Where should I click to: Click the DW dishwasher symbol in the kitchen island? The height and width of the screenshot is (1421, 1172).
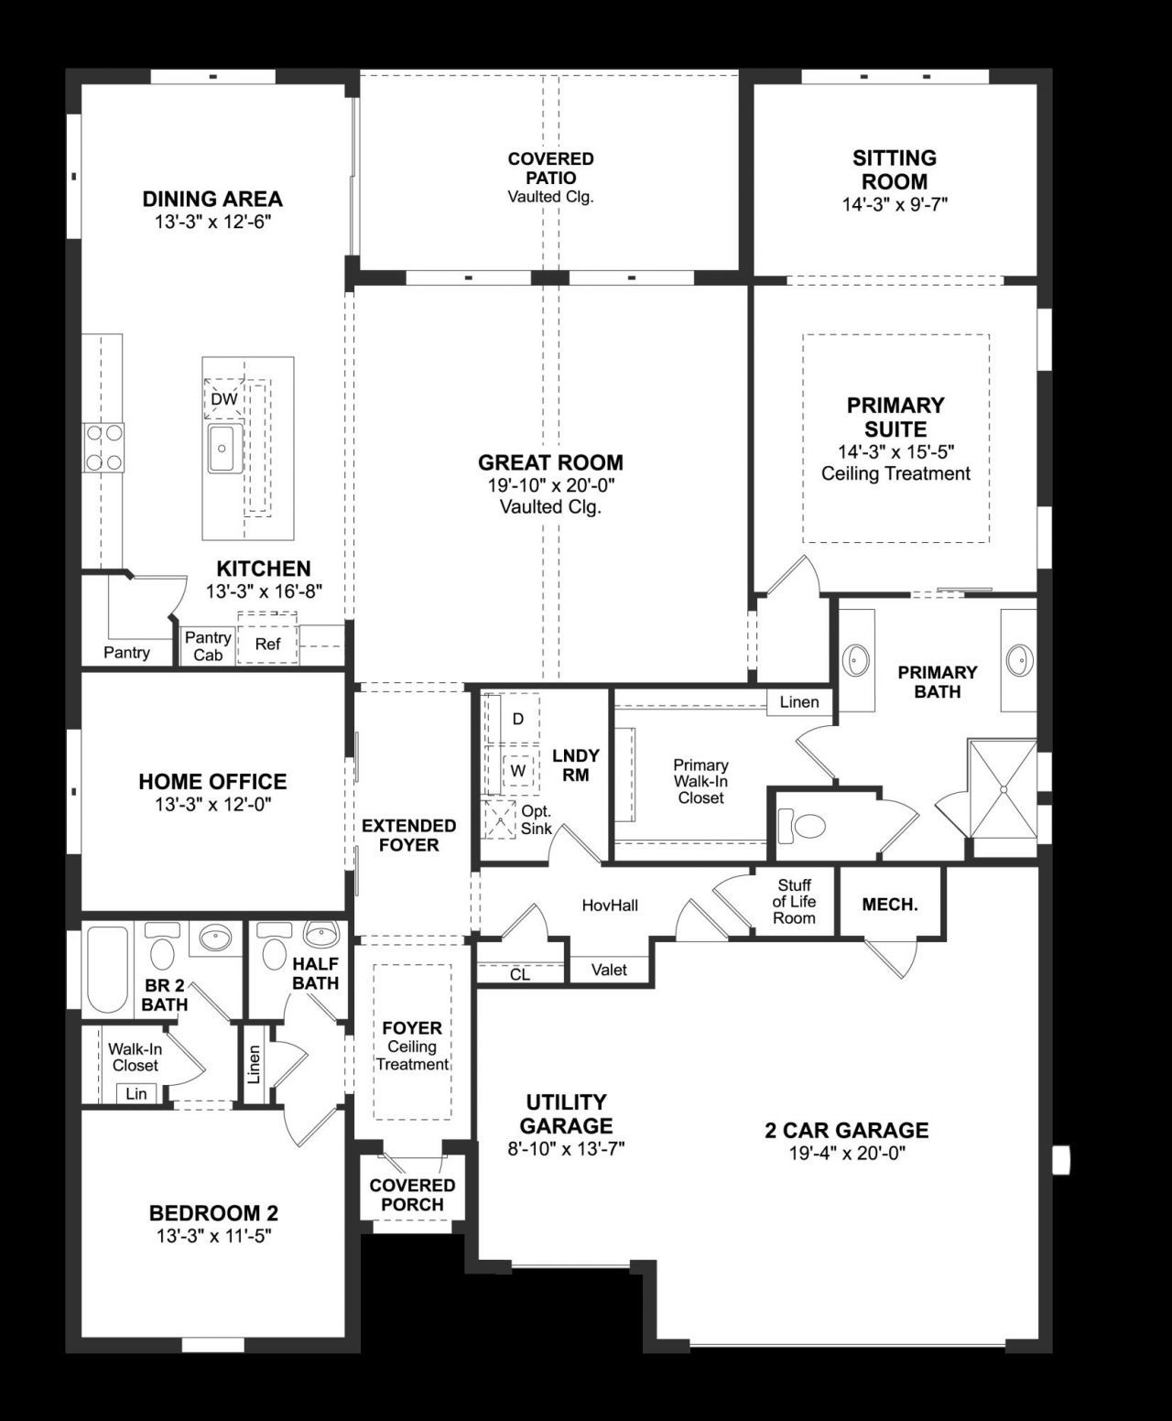click(x=223, y=399)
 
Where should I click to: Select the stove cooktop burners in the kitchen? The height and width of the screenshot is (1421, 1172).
click(x=103, y=447)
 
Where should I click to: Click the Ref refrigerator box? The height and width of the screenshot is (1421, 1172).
click(x=267, y=644)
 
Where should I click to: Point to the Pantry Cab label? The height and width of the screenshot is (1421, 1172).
click(x=208, y=645)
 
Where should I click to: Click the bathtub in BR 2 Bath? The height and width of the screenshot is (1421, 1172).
click(x=107, y=970)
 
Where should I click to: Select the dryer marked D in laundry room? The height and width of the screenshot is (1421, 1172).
click(x=517, y=719)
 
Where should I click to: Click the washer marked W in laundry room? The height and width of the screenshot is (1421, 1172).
click(x=517, y=770)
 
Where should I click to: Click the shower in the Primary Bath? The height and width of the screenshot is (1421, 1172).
click(x=1002, y=788)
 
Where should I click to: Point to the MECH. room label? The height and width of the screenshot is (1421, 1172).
click(x=890, y=905)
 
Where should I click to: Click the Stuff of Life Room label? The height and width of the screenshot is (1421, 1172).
click(x=794, y=902)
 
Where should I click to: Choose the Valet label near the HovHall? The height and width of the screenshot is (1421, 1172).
click(x=609, y=970)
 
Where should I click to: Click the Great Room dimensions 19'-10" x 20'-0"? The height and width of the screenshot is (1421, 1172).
click(x=550, y=485)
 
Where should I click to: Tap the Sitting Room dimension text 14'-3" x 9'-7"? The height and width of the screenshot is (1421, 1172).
click(x=895, y=204)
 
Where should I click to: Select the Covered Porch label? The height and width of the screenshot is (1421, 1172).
click(x=412, y=1195)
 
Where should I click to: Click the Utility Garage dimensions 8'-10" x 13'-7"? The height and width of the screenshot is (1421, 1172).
click(x=566, y=1148)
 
